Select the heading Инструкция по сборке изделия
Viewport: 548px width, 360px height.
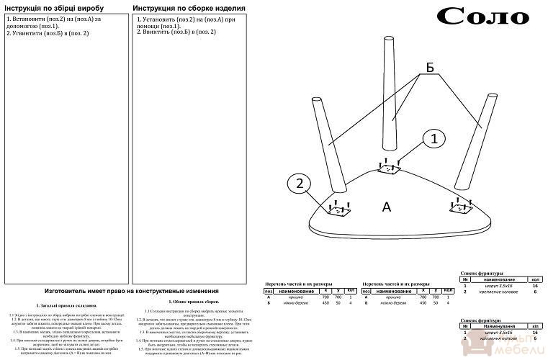tap(189, 8)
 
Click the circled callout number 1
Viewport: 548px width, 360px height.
tap(433, 140)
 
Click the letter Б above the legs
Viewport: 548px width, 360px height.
tap(430, 67)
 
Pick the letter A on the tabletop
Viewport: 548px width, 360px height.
tap(386, 207)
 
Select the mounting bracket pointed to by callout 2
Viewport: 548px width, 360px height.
tap(337, 211)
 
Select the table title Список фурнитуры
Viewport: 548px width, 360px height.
tap(482, 274)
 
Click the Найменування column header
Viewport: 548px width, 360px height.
tap(498, 325)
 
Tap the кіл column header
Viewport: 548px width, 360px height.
tap(536, 325)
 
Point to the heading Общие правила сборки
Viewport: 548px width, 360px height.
tap(194, 302)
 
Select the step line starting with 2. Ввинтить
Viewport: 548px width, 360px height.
tap(176, 32)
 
